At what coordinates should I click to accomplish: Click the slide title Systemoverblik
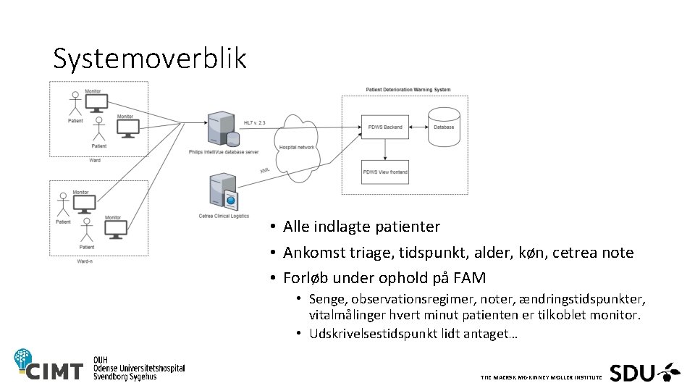click(150, 59)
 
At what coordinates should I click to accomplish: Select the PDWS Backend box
click(385, 127)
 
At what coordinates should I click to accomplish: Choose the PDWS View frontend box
click(385, 172)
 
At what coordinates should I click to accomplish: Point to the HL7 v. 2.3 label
click(254, 123)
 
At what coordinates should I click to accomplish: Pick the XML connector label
click(264, 169)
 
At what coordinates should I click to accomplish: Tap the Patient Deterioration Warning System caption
click(408, 90)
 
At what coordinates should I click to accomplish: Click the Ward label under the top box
click(95, 160)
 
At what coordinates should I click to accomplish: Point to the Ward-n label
click(85, 261)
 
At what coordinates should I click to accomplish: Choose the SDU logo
click(644, 372)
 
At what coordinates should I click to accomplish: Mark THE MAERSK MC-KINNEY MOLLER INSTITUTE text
click(540, 378)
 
